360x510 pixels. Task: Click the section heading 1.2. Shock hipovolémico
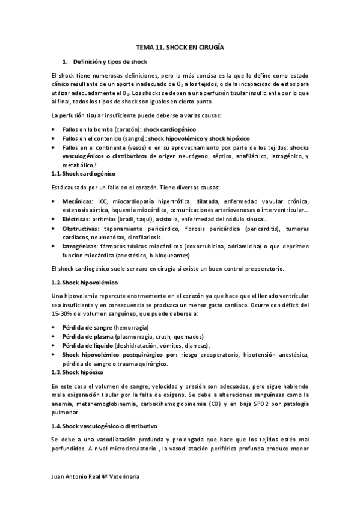(x=85, y=282)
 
